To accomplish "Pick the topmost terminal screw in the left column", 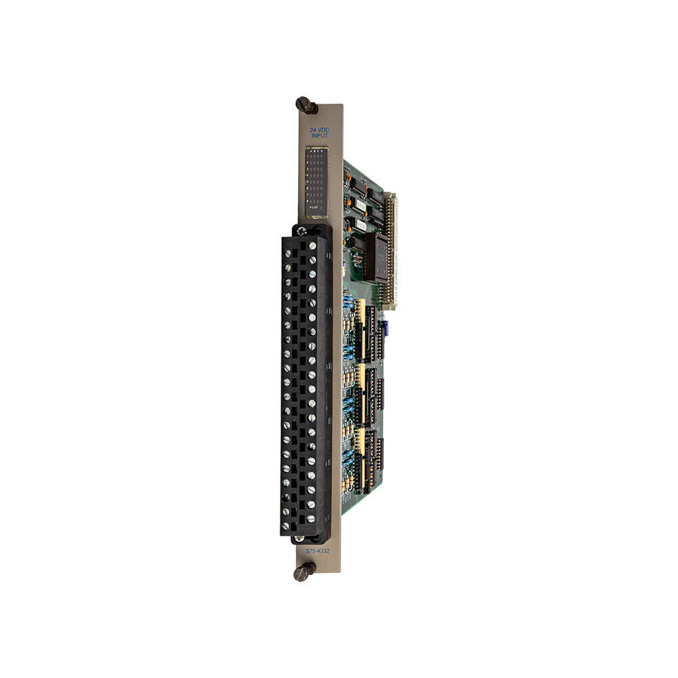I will click(x=287, y=253).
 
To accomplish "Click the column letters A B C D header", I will click(x=315, y=151).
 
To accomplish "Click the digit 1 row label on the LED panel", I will click(x=308, y=156).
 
